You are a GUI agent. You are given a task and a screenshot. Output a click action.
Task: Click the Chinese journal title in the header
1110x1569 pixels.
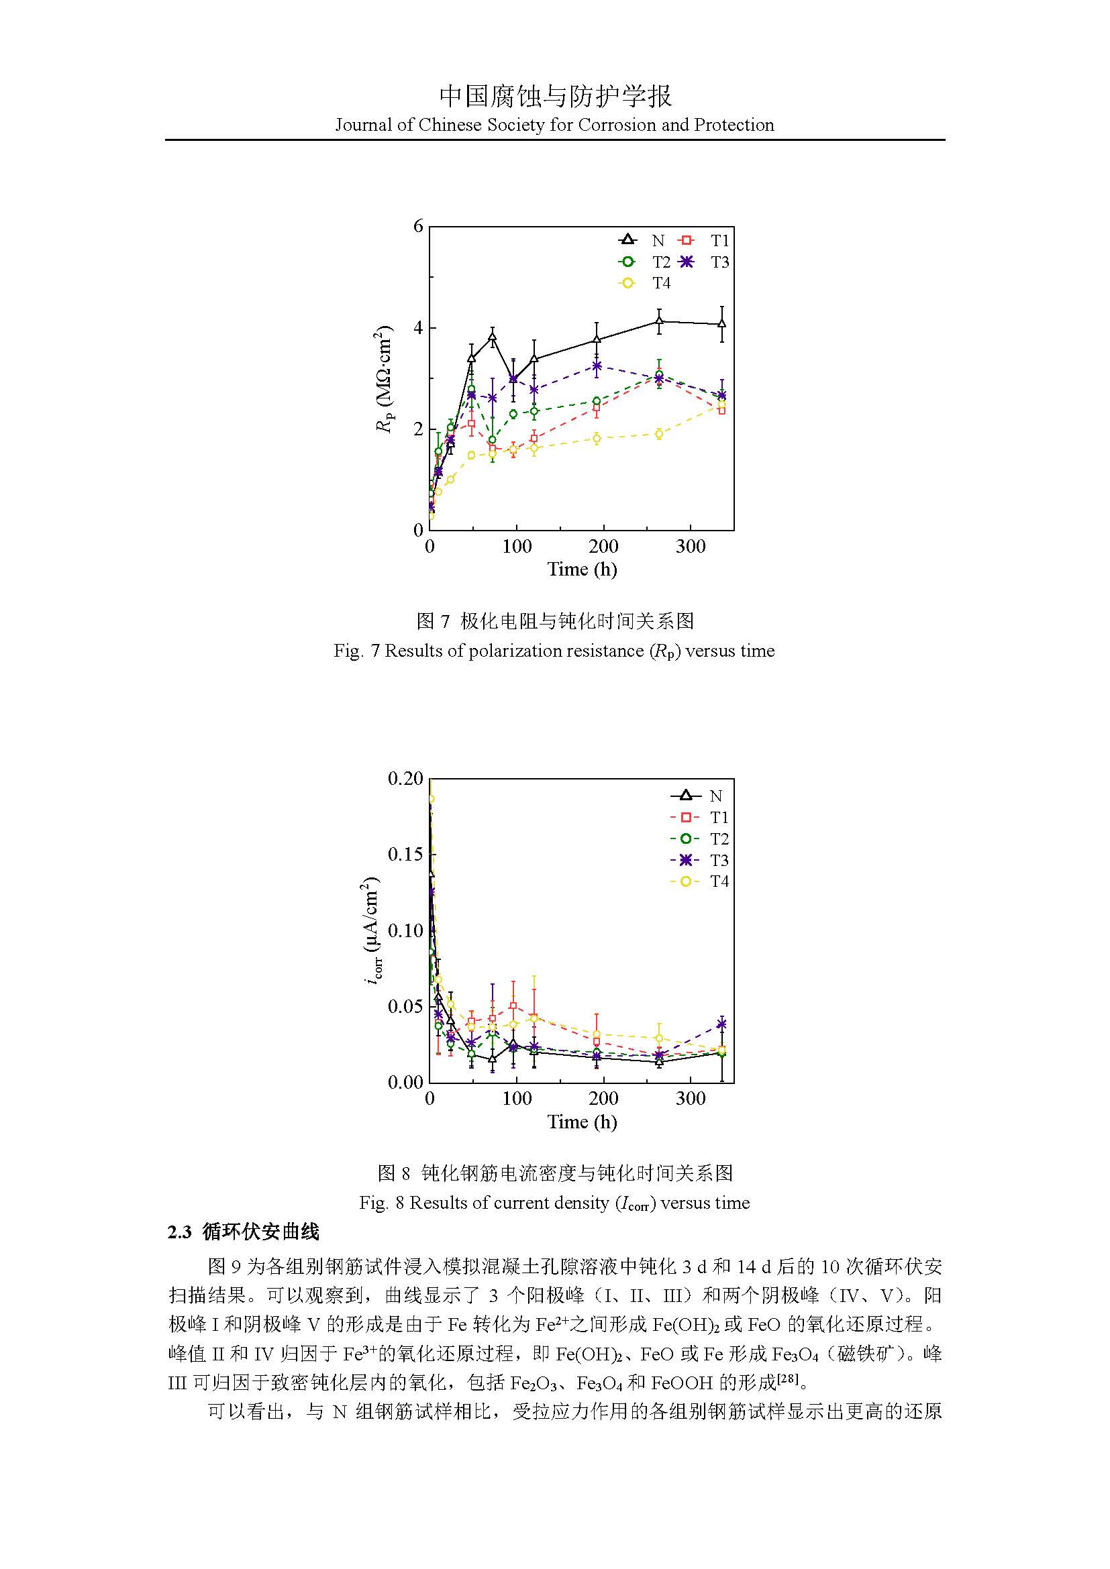pyautogui.click(x=554, y=97)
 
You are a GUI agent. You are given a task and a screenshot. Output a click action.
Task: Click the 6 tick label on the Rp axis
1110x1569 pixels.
pyautogui.click(x=418, y=226)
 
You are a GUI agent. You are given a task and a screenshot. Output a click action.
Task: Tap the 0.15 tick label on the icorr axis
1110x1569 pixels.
pyautogui.click(x=405, y=855)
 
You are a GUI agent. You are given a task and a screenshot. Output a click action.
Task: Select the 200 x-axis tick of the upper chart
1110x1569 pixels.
pyautogui.click(x=603, y=547)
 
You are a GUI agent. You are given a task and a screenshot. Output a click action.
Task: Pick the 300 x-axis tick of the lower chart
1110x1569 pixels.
pyautogui.click(x=691, y=1099)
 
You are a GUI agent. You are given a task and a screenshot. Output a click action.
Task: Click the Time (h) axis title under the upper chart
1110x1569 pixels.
pyautogui.click(x=582, y=570)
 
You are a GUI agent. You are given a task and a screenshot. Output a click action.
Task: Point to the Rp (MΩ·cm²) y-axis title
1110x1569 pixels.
pyautogui.click(x=384, y=378)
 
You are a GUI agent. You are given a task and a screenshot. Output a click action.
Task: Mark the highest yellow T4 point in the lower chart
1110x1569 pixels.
pyautogui.click(x=431, y=799)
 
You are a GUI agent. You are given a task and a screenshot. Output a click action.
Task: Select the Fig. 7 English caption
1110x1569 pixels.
pyautogui.click(x=554, y=651)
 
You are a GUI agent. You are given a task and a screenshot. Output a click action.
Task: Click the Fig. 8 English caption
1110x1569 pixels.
pyautogui.click(x=554, y=1203)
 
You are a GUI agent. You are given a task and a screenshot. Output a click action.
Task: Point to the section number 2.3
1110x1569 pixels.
pyautogui.click(x=180, y=1232)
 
